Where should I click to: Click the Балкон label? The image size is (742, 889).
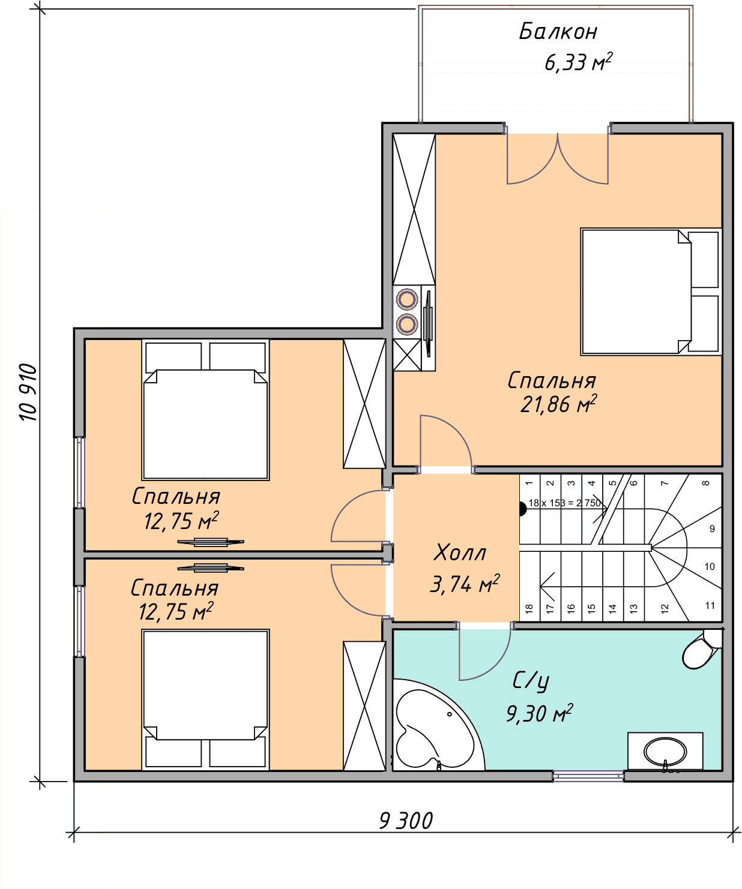click(x=558, y=32)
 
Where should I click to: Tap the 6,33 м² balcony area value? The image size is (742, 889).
click(x=578, y=62)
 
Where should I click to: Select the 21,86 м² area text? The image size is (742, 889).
click(x=558, y=404)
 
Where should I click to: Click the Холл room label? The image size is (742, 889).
click(x=460, y=552)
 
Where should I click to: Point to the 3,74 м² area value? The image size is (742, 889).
click(x=465, y=583)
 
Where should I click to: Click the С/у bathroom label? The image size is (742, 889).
click(x=531, y=681)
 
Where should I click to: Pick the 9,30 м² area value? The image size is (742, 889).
click(x=540, y=713)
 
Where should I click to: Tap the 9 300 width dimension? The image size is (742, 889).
click(x=406, y=821)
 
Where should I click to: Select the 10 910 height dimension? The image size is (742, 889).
click(x=29, y=392)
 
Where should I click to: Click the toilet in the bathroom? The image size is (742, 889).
click(x=702, y=648)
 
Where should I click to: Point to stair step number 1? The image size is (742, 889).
click(x=529, y=483)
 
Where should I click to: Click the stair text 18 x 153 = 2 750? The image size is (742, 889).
click(x=565, y=503)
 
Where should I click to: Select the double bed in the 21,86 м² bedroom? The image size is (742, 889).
click(x=651, y=292)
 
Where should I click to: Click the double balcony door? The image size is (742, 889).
click(x=558, y=158)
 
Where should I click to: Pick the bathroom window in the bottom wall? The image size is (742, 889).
click(x=588, y=776)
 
